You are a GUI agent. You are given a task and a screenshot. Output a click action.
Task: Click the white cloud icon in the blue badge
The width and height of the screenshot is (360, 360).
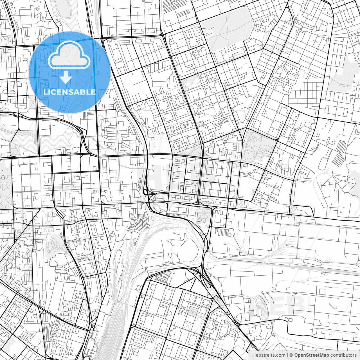69,55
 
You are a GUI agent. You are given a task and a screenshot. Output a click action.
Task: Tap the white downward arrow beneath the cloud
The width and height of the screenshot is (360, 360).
66,77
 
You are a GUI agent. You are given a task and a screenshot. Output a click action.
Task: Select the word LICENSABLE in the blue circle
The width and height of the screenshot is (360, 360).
69,92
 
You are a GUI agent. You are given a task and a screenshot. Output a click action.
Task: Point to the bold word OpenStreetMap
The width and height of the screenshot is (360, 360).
312,355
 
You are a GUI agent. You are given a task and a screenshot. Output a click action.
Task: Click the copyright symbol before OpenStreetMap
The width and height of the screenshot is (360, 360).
292,355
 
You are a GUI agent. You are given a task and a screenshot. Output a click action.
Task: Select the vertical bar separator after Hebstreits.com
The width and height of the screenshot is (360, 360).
287,355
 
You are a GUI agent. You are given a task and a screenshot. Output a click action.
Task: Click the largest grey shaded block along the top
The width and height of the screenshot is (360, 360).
225,30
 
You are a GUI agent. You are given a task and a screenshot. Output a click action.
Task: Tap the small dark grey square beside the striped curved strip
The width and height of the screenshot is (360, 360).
251,313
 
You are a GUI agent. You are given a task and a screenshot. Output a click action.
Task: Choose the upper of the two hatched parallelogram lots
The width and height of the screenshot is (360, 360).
341,146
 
